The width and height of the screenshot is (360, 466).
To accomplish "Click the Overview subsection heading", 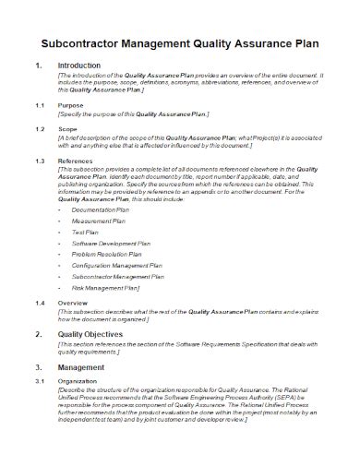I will [x=74, y=329].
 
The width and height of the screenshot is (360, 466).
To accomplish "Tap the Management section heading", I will [x=82, y=394].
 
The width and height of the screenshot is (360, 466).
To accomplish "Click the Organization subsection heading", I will [x=80, y=407].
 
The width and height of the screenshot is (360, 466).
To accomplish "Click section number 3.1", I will [x=38, y=407].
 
